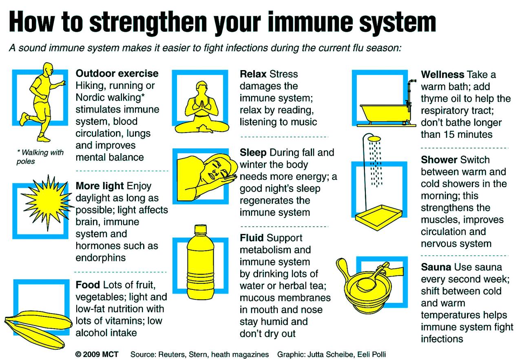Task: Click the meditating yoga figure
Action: [201, 110]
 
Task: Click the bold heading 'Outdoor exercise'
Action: [117, 74]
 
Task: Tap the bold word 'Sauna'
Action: [436, 267]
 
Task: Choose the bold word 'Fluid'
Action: [252, 238]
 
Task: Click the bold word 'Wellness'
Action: [442, 75]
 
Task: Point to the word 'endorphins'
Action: [100, 258]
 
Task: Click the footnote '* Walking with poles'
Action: [40, 157]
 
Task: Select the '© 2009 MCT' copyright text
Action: [97, 354]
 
